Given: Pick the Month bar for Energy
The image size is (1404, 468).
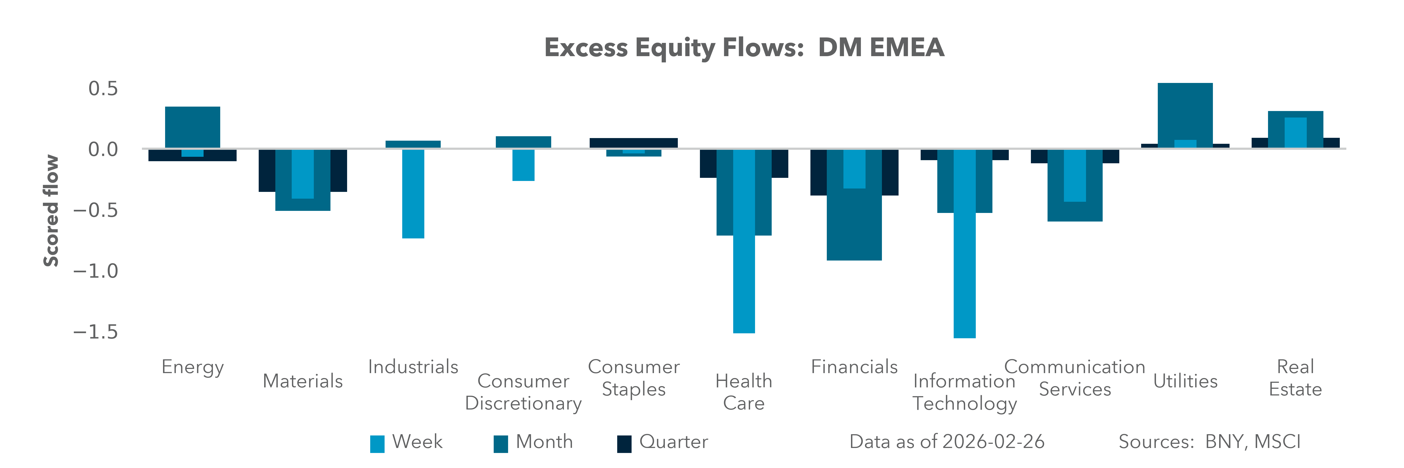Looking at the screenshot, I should (192, 126).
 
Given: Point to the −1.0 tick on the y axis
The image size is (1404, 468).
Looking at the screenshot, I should (95, 271).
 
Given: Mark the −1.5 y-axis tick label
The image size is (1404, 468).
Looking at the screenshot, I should (95, 332).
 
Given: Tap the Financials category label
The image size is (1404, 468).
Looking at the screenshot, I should (854, 367).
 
